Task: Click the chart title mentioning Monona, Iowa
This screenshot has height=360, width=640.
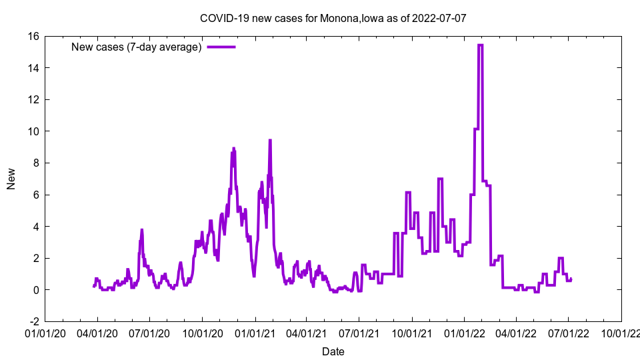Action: click(333, 18)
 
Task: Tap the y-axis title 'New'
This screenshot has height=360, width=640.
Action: click(11, 179)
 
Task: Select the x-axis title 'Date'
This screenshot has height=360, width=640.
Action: click(333, 351)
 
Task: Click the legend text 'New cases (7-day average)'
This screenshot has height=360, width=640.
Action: click(136, 47)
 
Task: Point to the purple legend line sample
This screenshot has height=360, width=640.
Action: click(221, 47)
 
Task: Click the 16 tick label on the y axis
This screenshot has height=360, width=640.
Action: click(33, 36)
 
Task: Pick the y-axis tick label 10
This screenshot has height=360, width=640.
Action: click(33, 131)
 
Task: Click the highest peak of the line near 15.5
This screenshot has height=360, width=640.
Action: click(480, 45)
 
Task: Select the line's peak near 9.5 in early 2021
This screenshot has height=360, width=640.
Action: click(270, 140)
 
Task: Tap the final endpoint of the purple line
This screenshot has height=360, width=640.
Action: click(571, 279)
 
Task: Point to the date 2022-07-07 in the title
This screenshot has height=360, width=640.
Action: click(439, 18)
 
